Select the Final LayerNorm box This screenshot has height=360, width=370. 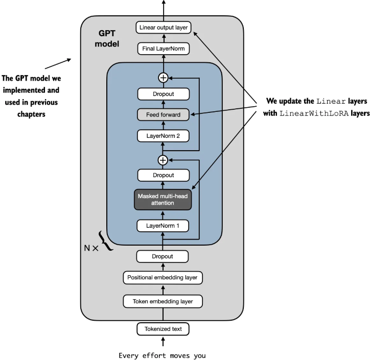click(163, 49)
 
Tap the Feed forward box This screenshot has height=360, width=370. click(163, 114)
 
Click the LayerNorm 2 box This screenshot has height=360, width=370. click(163, 136)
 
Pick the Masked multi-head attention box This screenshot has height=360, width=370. click(163, 199)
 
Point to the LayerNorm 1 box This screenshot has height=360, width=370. click(163, 225)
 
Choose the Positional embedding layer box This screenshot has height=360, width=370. click(163, 278)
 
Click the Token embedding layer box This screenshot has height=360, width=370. click(163, 302)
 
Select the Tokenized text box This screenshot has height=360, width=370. click(163, 329)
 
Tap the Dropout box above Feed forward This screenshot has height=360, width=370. click(163, 94)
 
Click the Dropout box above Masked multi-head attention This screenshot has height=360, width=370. click(163, 175)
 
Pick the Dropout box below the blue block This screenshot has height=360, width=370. click(163, 256)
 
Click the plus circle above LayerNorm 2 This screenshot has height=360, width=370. click(163, 160)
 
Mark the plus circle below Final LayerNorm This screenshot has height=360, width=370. click(163, 78)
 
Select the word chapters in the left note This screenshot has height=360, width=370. click(30, 114)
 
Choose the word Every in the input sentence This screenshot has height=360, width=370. click(129, 355)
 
